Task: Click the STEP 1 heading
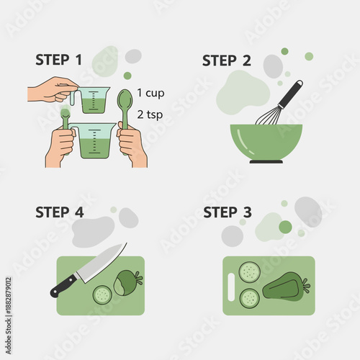(58, 59)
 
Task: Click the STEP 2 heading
(226, 60)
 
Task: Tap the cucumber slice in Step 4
(102, 294)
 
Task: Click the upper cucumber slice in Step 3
(249, 271)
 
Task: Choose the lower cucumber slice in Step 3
(249, 297)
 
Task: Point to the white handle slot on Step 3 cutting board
(231, 286)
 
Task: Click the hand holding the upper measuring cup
(52, 90)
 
